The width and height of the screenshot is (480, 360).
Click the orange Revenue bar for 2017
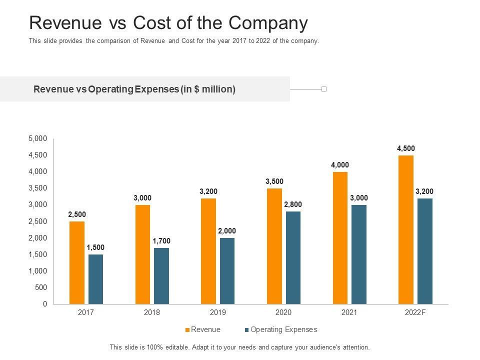coord(77,262)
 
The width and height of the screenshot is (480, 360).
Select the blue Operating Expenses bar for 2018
coord(161,276)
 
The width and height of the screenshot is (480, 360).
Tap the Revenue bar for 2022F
coord(406,229)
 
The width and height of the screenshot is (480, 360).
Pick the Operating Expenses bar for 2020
coord(293,257)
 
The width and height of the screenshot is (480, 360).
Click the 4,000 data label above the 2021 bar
coord(340,165)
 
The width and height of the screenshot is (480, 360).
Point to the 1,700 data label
coord(161,241)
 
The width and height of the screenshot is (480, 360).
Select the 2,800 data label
coord(293,204)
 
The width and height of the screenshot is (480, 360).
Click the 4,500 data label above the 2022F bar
coord(406,148)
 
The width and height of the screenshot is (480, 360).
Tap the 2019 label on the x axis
coord(218,312)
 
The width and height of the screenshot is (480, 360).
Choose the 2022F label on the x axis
coord(415,312)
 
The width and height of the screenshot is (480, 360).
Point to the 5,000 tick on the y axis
coord(38,138)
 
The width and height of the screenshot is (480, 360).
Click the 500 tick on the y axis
coord(41,287)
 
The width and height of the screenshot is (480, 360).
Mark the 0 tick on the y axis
coord(45,304)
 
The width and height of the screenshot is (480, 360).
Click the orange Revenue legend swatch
coord(188,330)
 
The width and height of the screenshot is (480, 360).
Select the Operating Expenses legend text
coord(284,329)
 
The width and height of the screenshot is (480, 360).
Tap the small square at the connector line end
coord(324,89)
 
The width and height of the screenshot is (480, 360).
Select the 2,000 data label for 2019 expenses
coord(227,231)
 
